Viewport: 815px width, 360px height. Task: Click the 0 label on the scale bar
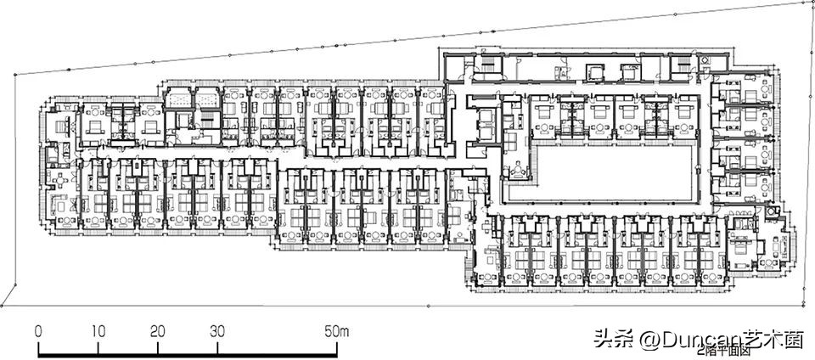[x=38, y=330]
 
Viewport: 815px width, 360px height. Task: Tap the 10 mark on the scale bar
[x=98, y=330]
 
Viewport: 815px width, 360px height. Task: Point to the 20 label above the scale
[x=158, y=330]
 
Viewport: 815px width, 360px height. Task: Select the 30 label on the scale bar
[x=218, y=330]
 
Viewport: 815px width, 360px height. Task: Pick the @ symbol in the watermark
[x=650, y=340]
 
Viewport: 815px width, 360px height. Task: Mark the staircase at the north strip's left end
[x=488, y=66]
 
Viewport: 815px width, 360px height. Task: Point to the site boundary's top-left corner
[x=15, y=75]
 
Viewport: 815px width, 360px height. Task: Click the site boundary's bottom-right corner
[x=805, y=304]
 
